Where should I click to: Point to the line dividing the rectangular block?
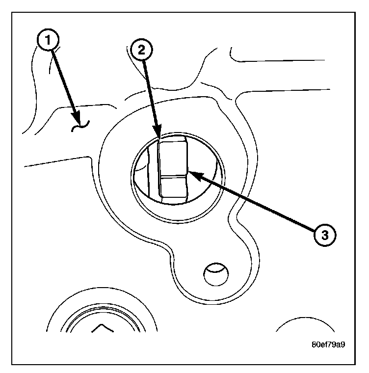coord(173,175)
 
